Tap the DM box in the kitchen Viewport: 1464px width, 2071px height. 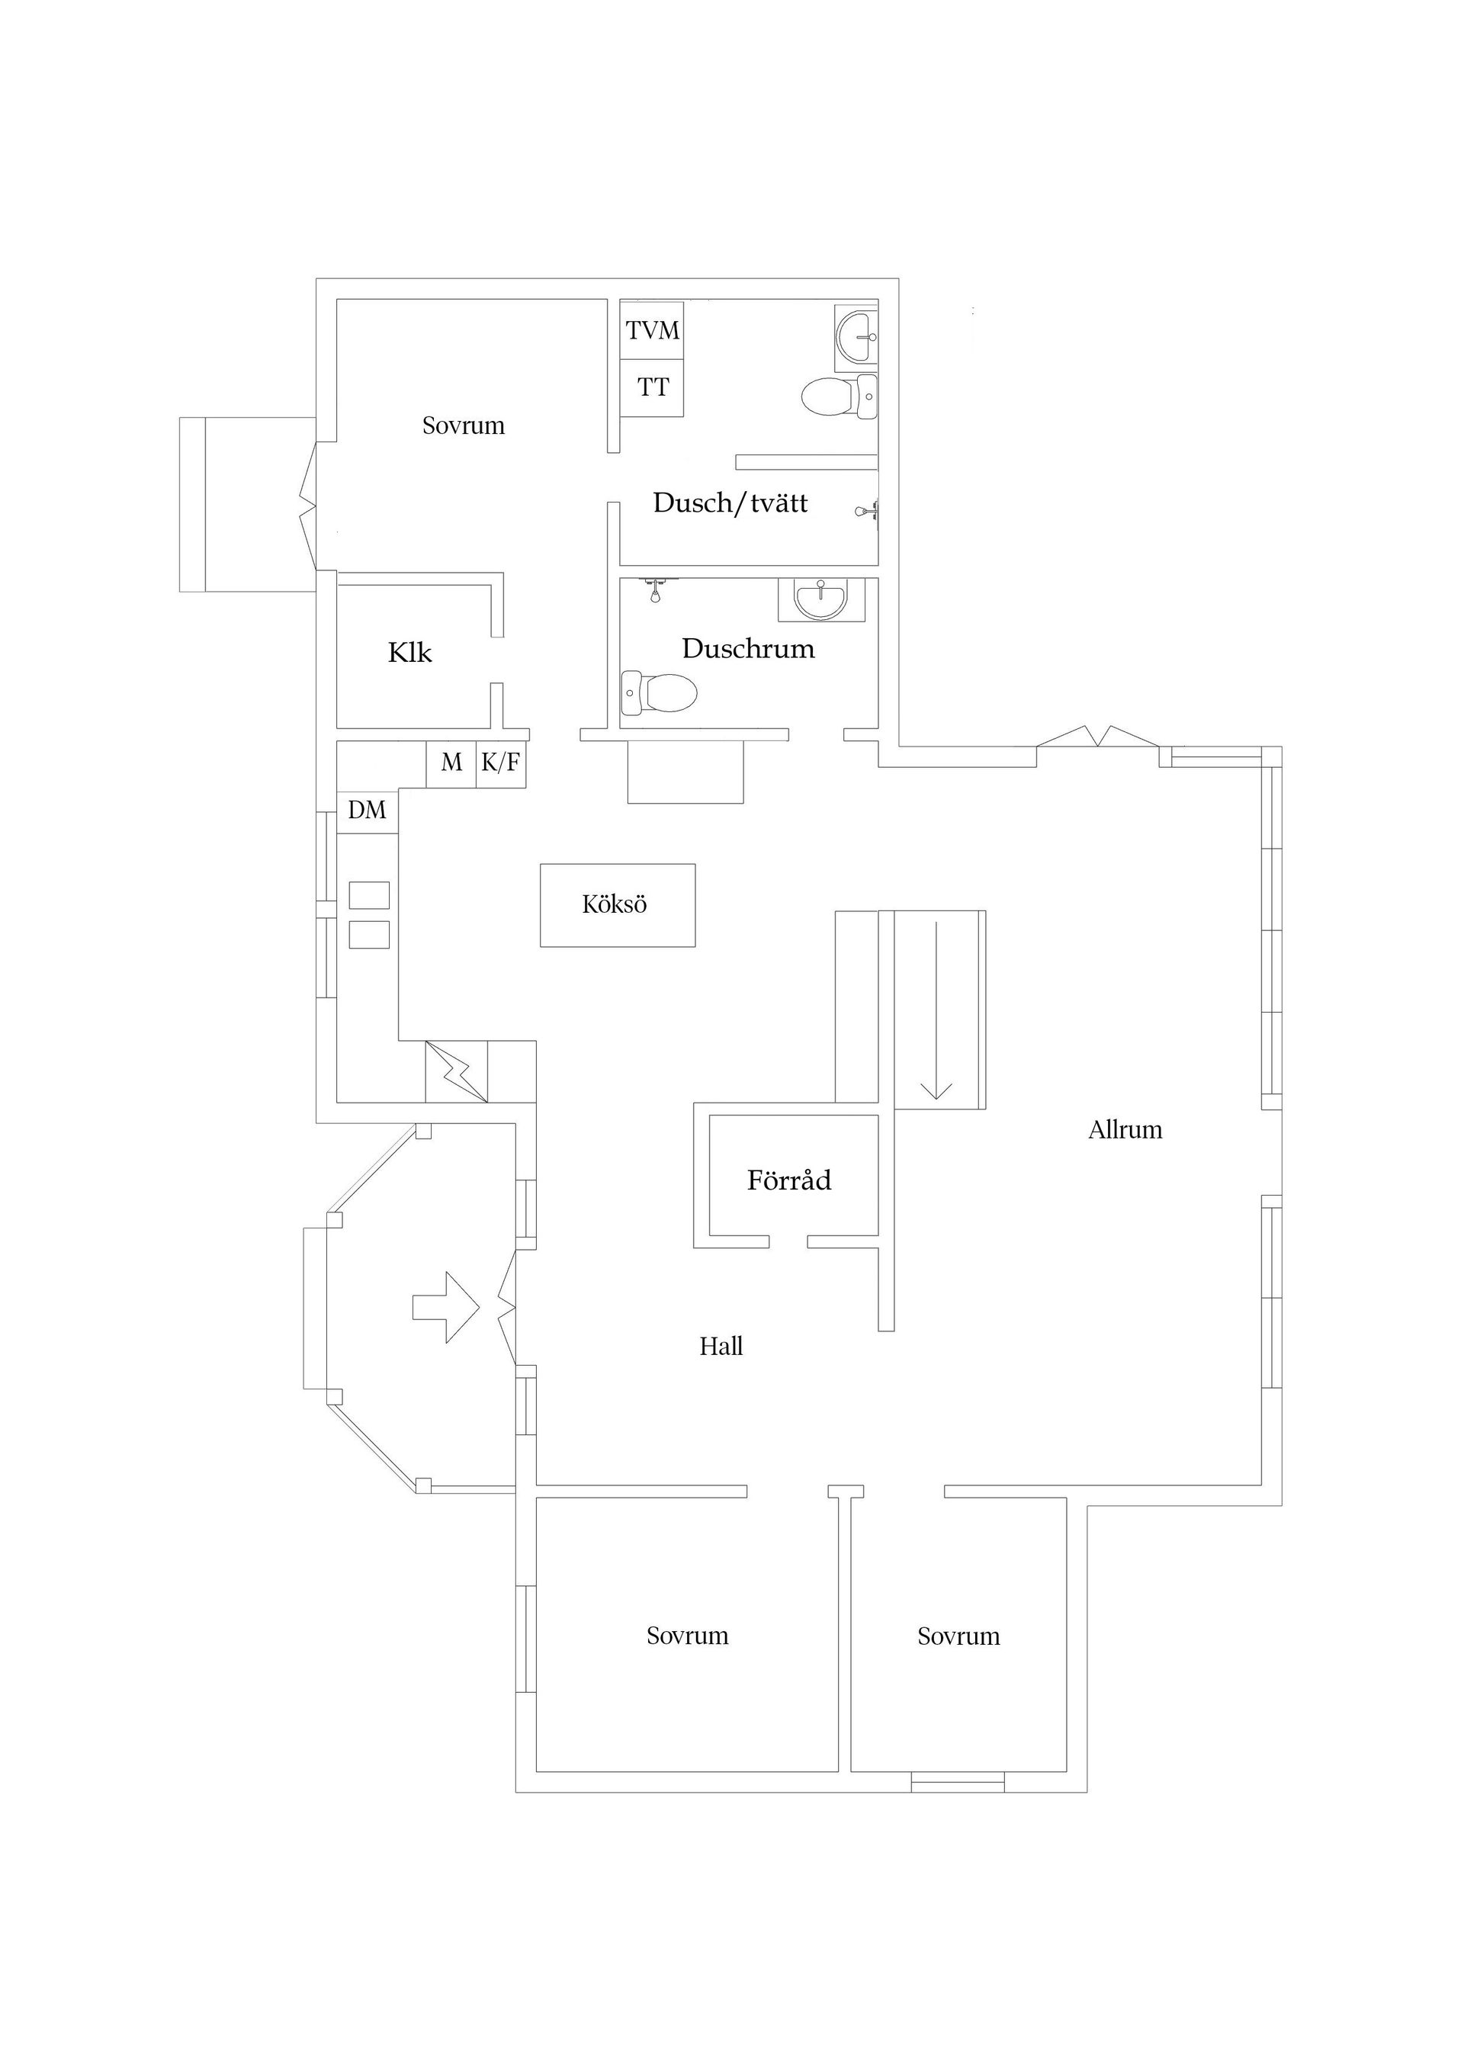click(x=366, y=811)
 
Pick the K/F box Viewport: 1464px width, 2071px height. click(x=501, y=764)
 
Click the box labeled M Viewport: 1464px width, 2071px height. click(x=451, y=764)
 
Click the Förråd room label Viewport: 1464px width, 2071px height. click(x=788, y=1180)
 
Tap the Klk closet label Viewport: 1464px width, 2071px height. click(x=409, y=653)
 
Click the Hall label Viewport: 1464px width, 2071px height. click(x=721, y=1347)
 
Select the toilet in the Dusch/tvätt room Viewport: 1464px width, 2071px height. click(x=839, y=396)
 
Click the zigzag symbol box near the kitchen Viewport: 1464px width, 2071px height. click(x=457, y=1071)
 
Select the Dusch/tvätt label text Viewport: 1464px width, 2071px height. click(x=730, y=503)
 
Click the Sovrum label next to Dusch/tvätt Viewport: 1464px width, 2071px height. click(x=463, y=425)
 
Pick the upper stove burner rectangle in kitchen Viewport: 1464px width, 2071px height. click(x=369, y=896)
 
